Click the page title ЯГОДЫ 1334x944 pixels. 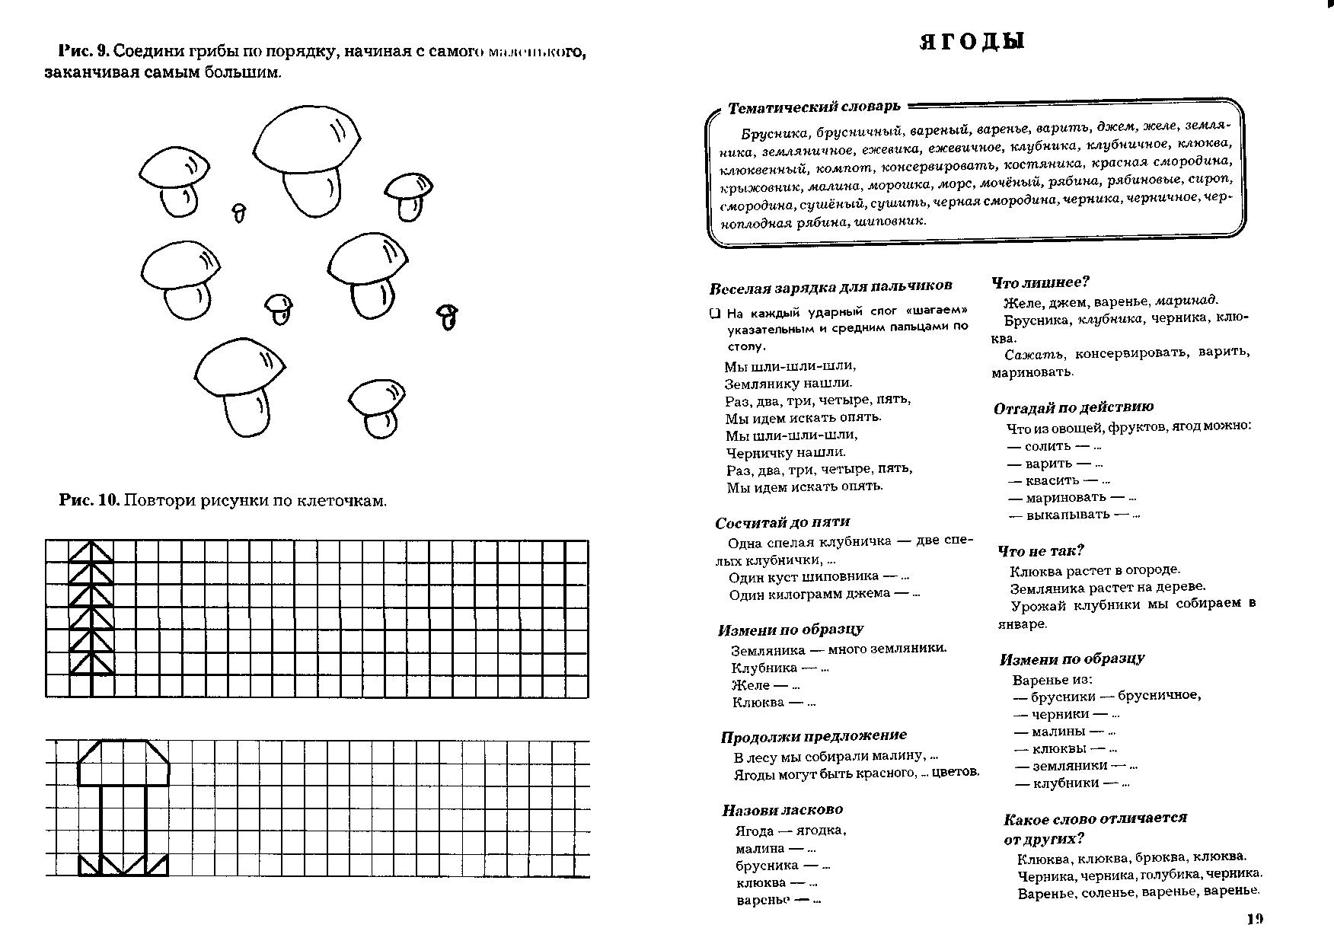(x=972, y=41)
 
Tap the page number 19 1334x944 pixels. (x=1255, y=919)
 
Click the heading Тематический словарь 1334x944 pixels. (x=814, y=107)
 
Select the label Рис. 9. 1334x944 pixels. (x=84, y=52)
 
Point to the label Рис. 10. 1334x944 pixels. (x=89, y=500)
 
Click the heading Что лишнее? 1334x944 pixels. (x=1040, y=282)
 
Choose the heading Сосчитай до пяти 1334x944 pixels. (x=782, y=522)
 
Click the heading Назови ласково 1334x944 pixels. (x=782, y=810)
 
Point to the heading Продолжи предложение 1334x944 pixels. (x=813, y=736)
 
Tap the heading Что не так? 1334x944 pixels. (x=1040, y=550)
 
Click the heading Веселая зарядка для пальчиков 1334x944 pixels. (x=830, y=286)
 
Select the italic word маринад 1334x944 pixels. (x=1186, y=300)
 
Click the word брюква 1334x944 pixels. (x=1160, y=857)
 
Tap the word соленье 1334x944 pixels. (x=1108, y=892)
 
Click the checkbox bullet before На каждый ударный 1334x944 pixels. (x=715, y=313)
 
